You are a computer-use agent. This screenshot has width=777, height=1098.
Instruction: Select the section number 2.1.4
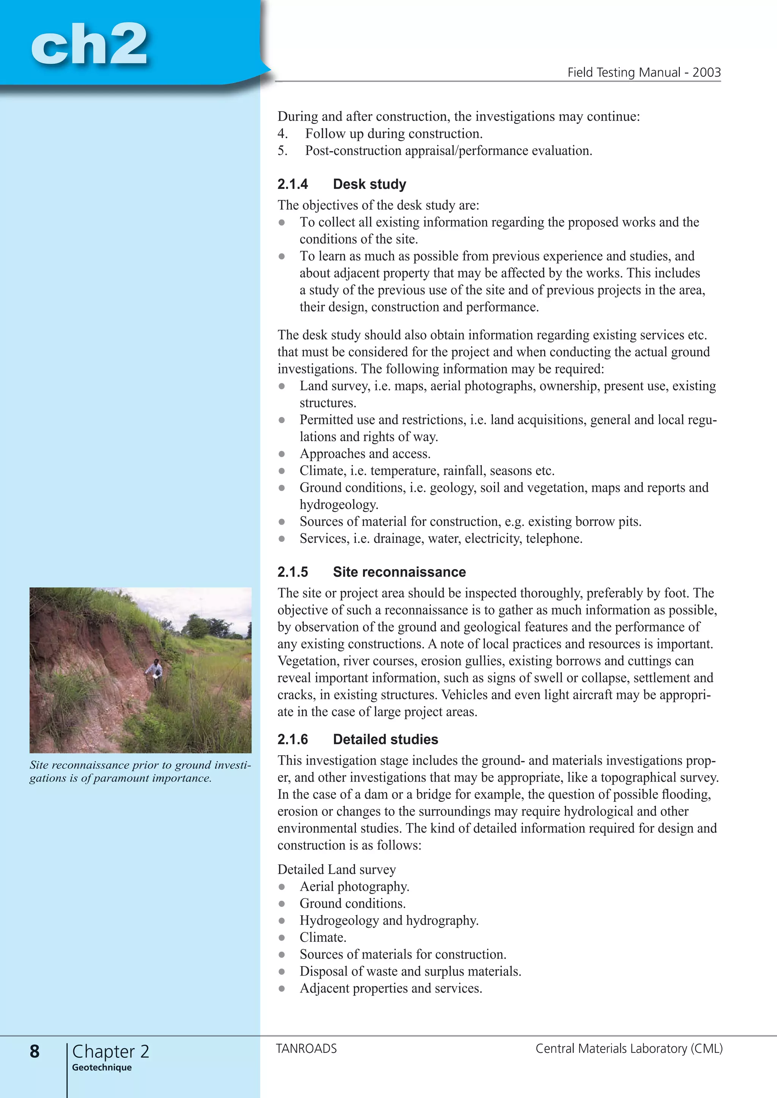click(293, 184)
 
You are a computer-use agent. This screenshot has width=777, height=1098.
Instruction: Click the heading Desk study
click(370, 184)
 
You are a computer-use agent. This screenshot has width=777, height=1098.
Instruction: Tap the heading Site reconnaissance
click(399, 572)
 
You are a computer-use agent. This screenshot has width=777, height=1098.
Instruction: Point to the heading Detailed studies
click(385, 739)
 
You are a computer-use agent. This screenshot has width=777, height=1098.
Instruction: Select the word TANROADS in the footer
click(306, 1049)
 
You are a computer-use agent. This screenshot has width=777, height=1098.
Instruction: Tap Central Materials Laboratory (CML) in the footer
click(629, 1049)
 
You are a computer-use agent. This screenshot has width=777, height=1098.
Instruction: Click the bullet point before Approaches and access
click(282, 454)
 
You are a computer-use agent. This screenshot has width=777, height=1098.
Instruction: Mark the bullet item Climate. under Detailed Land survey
click(322, 937)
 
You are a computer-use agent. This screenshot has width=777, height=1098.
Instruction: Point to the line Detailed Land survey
click(337, 869)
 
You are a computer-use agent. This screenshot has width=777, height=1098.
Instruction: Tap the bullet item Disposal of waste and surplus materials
click(410, 971)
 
